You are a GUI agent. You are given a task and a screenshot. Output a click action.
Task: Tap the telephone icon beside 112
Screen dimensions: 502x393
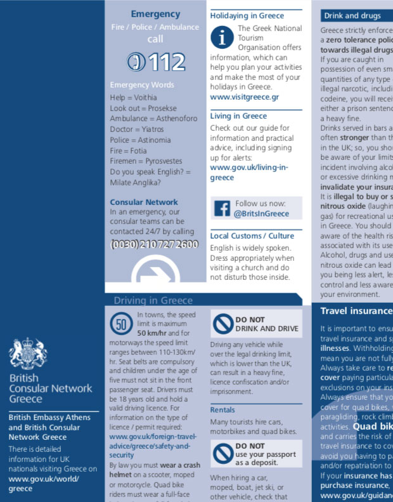[x=135, y=62]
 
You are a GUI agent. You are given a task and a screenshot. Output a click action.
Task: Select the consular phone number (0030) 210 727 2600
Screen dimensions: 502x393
[x=155, y=244]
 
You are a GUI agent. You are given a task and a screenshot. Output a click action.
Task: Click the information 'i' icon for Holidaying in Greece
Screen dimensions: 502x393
[x=222, y=37]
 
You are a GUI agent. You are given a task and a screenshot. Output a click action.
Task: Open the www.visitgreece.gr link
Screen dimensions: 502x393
[x=245, y=97]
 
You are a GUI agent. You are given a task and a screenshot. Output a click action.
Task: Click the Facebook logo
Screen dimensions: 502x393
[x=222, y=208]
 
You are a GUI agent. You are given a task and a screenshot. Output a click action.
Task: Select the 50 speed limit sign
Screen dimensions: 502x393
[x=122, y=324]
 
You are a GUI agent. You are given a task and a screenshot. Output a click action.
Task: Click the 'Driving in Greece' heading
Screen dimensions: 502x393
[x=153, y=300]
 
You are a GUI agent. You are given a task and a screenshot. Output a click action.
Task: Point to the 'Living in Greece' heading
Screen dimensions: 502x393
[x=238, y=116]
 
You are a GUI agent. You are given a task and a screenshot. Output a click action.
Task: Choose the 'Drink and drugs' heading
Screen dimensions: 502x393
[x=352, y=16]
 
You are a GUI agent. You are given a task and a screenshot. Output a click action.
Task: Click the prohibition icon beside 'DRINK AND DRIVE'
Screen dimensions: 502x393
[x=222, y=324]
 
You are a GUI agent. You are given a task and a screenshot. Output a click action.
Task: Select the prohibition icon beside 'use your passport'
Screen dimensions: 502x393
[x=222, y=452]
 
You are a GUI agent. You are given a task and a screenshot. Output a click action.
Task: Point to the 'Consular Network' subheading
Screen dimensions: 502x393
[x=144, y=202]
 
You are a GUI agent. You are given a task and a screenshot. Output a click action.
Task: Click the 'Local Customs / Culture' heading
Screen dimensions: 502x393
[x=252, y=235]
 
